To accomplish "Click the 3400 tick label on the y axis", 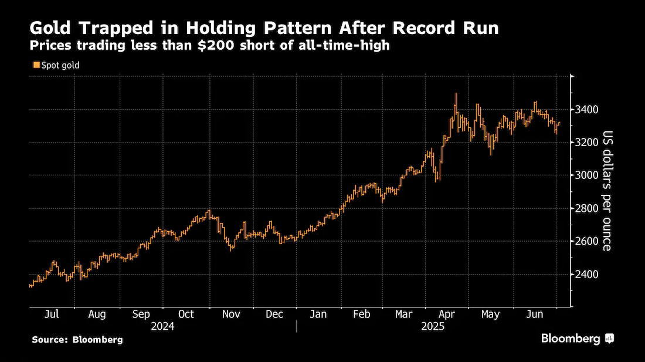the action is tap(587, 110).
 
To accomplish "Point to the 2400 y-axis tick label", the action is tap(587, 274).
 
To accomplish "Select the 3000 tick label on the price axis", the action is tap(587, 175).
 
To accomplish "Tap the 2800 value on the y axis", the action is tap(587, 208).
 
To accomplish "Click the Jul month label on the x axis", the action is tap(52, 314).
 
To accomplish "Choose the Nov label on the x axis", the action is tap(231, 314).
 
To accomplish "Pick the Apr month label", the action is tap(447, 314).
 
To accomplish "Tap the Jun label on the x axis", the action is tap(535, 314).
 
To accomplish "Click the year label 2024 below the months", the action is tap(162, 327).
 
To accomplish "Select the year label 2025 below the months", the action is tap(433, 327).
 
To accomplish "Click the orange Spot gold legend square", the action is tap(36, 65).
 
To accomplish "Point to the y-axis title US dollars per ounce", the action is tap(607, 191).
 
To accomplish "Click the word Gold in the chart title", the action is tap(50, 28).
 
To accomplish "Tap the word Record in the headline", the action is tap(424, 28).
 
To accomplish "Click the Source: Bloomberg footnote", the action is tap(77, 340).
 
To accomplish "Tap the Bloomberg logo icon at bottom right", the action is tap(610, 339).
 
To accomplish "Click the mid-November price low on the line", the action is tap(231, 248).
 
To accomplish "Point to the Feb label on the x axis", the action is tap(362, 314).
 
